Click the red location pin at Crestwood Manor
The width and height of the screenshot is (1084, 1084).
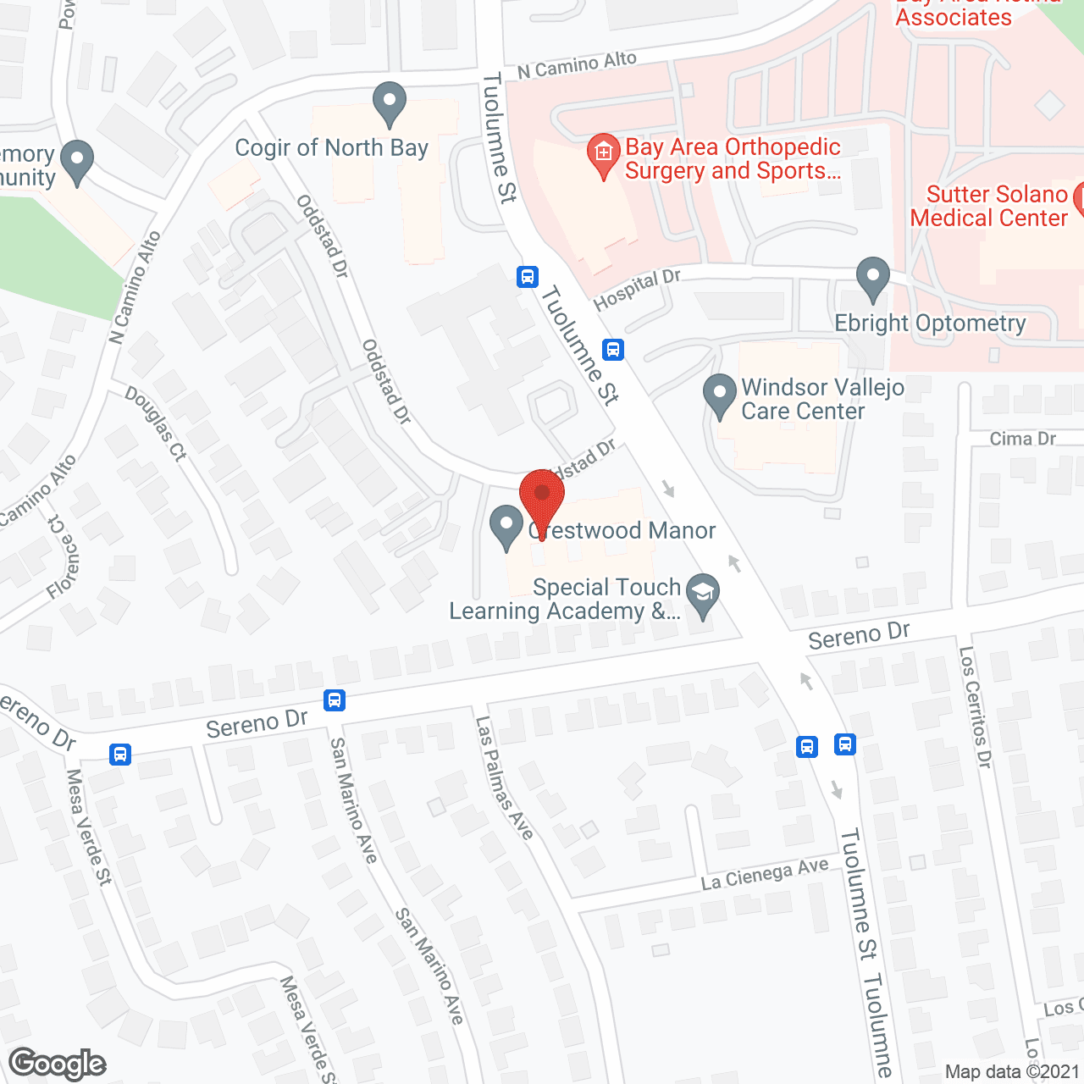(541, 500)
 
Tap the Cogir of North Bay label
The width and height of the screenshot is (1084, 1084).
(331, 148)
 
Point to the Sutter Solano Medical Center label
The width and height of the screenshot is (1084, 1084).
(988, 206)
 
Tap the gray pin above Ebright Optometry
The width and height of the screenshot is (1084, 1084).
(872, 279)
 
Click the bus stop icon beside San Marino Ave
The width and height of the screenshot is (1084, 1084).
(335, 700)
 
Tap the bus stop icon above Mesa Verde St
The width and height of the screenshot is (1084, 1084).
(120, 754)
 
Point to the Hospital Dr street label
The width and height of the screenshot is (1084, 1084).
(637, 290)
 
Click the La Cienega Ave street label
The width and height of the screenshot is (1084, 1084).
(764, 875)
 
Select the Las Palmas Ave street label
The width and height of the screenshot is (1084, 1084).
(504, 778)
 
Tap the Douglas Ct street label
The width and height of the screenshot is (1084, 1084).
(155, 423)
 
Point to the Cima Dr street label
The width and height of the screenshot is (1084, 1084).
(1022, 439)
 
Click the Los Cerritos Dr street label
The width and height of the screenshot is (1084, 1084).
(975, 707)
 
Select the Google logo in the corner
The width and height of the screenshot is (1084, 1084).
(58, 1064)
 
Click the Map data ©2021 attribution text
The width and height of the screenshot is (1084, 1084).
(1012, 1071)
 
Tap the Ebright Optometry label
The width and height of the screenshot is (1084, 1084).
(930, 324)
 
